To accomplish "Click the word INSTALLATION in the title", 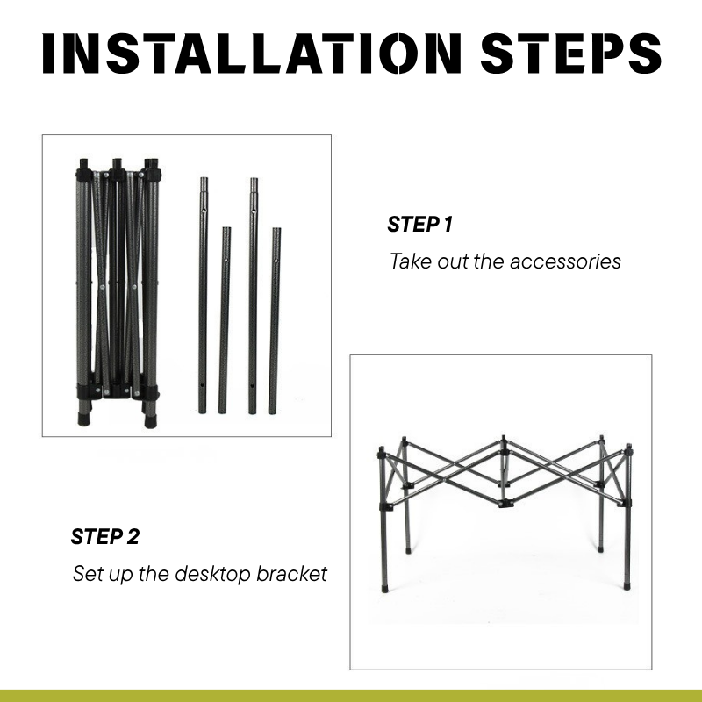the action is pos(252,54).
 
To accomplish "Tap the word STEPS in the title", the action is pos(571,54).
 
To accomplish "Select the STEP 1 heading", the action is pos(420,225).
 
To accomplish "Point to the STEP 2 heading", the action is pos(105,536).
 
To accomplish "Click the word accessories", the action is pos(565,261).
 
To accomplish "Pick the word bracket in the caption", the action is pos(291,574).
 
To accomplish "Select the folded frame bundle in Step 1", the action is pos(118,292).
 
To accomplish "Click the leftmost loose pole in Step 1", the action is pos(203,296).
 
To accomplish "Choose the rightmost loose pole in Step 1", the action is pos(275,321).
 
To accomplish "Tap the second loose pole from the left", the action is pos(225,320).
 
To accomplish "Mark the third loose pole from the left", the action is pos(253,296).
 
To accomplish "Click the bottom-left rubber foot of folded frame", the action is pos(83,419).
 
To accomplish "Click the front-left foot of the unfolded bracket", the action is pos(384,587).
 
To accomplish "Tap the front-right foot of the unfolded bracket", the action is pos(627,585).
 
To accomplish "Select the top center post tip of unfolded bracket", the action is pos(503,438).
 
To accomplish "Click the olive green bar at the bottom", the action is pos(351,696).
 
